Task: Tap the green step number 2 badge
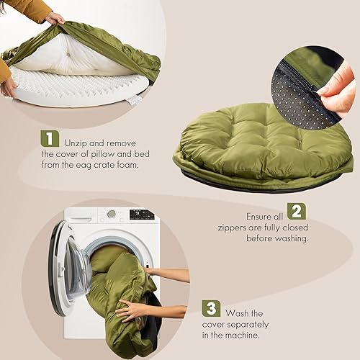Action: [296, 211]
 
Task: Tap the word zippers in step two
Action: [234, 225]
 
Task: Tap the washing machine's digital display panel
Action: [142, 215]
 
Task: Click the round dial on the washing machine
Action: [112, 214]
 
